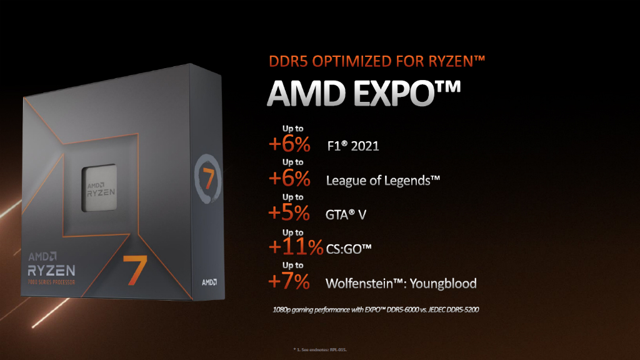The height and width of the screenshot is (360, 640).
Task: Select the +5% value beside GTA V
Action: pyautogui.click(x=289, y=213)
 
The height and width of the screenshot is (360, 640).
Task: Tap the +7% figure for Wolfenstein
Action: pyautogui.click(x=289, y=282)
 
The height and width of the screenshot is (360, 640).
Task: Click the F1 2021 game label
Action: pyautogui.click(x=352, y=147)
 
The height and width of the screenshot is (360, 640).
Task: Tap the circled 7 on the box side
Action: pyautogui.click(x=206, y=177)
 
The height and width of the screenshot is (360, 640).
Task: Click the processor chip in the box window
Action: pyautogui.click(x=101, y=189)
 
